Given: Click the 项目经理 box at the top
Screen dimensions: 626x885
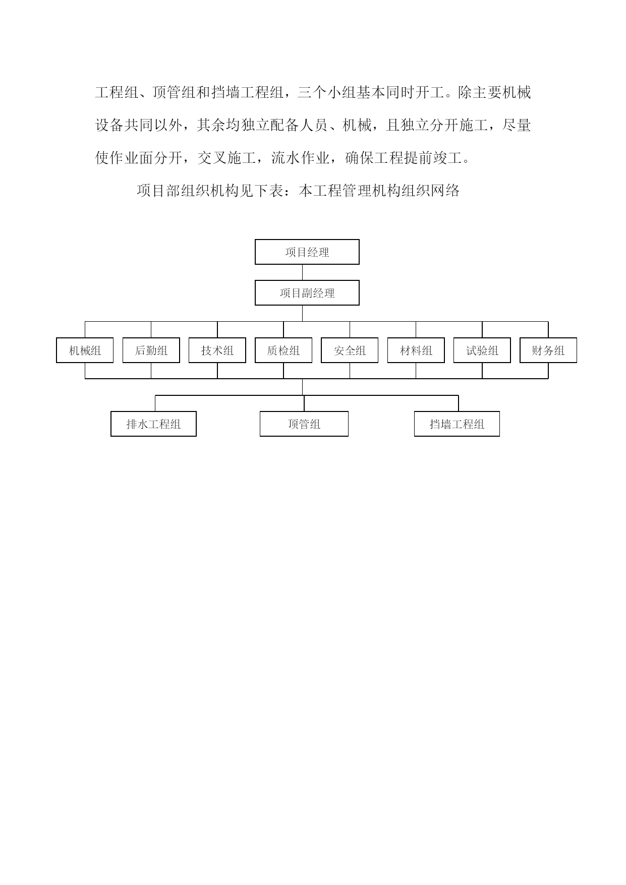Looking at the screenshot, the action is pos(307,252).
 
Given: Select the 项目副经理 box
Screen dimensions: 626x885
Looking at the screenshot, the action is pos(307,293).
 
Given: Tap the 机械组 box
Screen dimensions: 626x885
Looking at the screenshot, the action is pos(85,350).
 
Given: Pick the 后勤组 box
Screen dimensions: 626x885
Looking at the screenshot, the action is pos(151,350).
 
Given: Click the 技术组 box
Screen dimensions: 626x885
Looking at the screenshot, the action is pos(217,350).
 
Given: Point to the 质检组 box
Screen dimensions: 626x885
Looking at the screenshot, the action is pos(283,350).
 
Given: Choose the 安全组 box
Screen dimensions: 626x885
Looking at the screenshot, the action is pos(350,350).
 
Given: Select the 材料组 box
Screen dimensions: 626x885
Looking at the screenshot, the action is pos(416,350).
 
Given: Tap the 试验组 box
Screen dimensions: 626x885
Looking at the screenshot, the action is pos(482,350).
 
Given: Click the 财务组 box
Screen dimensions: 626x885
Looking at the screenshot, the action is pos(548,350).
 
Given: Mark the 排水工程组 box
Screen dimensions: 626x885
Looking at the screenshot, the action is pos(153,424).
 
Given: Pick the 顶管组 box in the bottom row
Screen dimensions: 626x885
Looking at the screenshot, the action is pos(304,424).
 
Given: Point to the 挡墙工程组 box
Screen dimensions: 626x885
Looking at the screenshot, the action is pos(457,424).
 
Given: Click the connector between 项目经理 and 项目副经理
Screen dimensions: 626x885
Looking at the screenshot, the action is pos(303,272).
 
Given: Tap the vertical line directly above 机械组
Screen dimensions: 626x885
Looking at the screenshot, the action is pos(85,330).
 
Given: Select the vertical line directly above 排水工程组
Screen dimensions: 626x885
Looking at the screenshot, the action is pos(155,403).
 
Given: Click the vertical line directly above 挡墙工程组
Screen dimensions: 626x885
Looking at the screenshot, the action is pos(459,403).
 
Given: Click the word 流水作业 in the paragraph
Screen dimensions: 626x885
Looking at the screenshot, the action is pos(301,158).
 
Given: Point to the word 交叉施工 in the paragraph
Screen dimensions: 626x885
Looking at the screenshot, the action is pos(226,158).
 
